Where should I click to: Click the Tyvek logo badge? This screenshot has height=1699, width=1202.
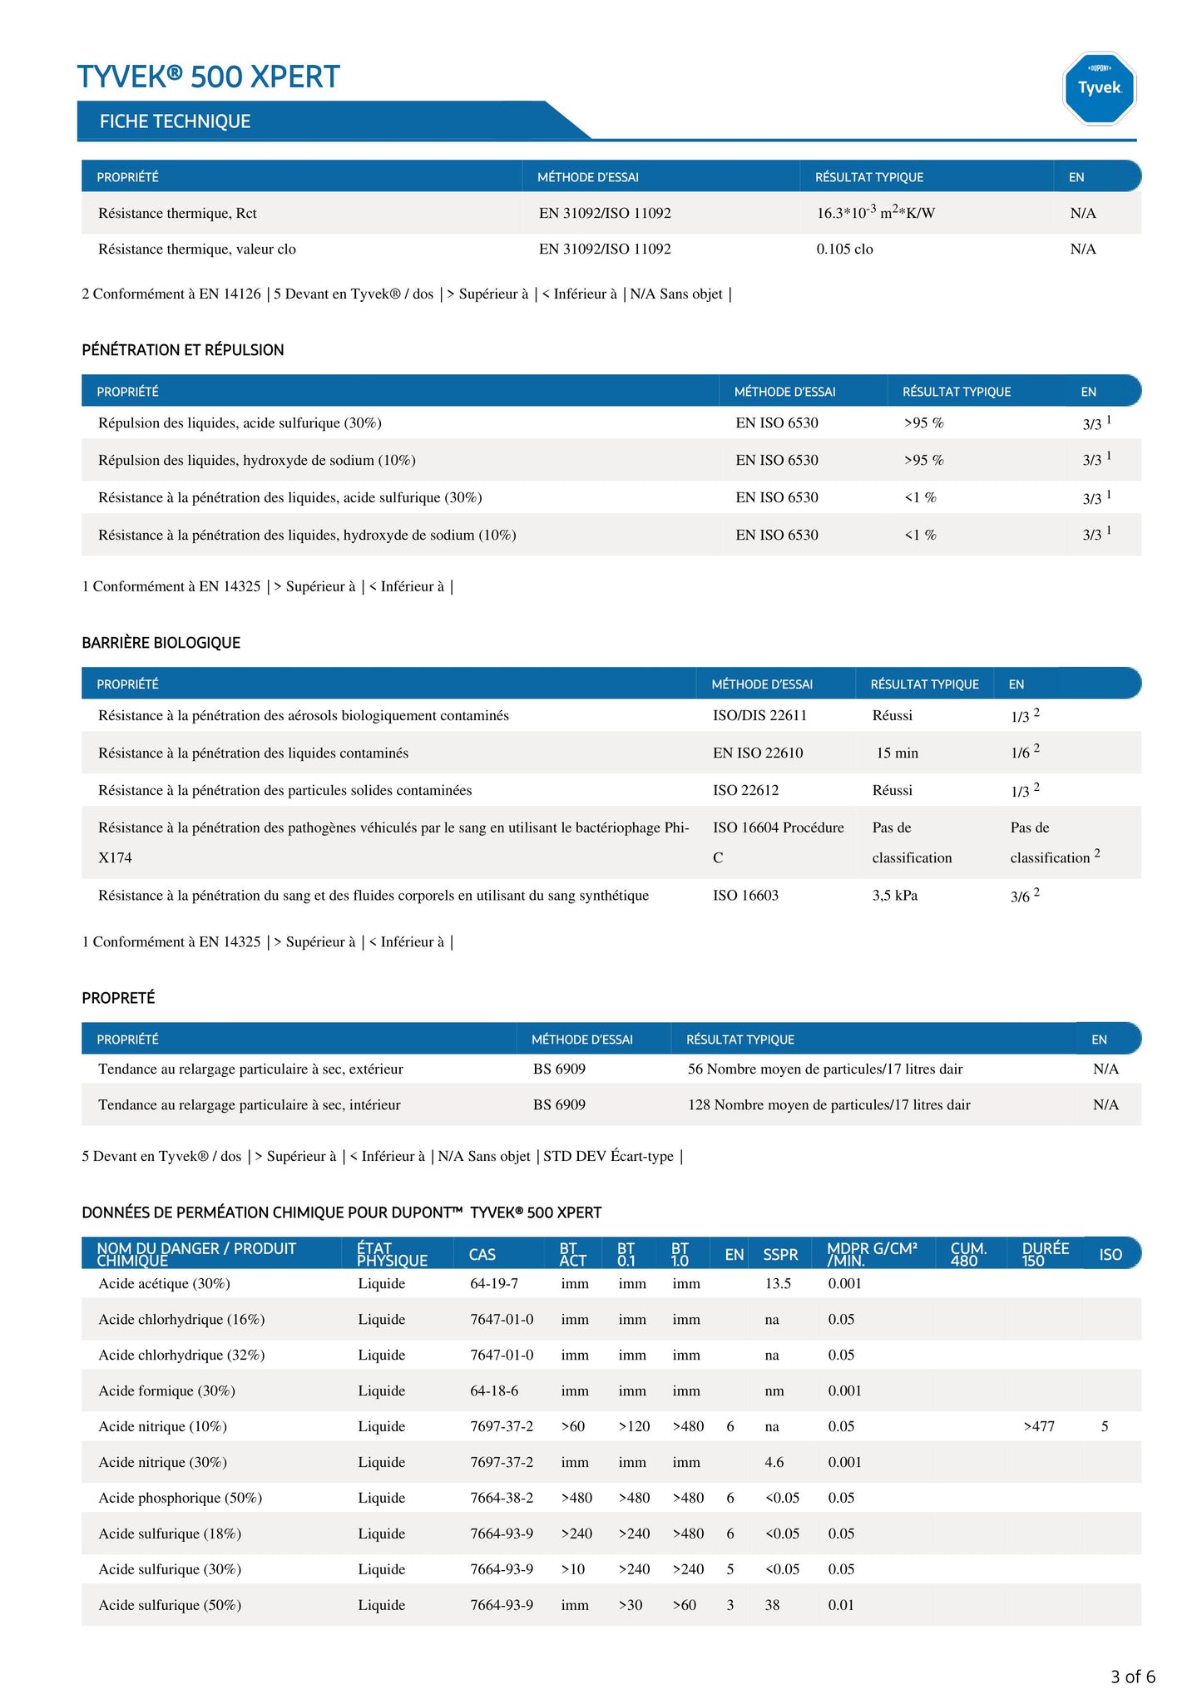1099,88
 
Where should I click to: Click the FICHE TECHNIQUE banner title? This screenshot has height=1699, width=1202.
175,121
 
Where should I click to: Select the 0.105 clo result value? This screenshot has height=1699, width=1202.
844,249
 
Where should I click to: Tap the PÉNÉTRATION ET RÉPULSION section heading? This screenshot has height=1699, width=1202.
182,350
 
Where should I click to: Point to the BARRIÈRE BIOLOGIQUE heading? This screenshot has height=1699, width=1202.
161,643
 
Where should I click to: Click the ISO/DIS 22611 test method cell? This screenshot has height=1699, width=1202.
759,715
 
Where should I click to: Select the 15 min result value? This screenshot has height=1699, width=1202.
897,753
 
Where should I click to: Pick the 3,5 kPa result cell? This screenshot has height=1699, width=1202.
894,896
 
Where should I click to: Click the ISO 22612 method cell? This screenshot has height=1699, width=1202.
745,790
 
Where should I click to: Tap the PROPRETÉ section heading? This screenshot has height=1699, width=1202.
118,998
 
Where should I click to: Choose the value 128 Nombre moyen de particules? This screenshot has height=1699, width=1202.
829,1104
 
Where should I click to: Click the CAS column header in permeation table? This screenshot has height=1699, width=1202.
482,1254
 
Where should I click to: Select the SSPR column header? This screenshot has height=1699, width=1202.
780,1254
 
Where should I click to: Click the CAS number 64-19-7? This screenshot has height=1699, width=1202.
493,1283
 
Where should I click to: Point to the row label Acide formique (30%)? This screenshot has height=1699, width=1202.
166,1390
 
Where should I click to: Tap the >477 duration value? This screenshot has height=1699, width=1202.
1039,1426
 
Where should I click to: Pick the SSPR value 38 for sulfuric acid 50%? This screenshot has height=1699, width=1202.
772,1605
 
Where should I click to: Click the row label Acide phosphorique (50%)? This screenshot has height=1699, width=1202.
180,1498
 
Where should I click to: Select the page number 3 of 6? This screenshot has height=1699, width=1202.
1132,1677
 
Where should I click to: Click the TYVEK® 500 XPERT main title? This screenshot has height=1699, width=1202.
208,77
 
